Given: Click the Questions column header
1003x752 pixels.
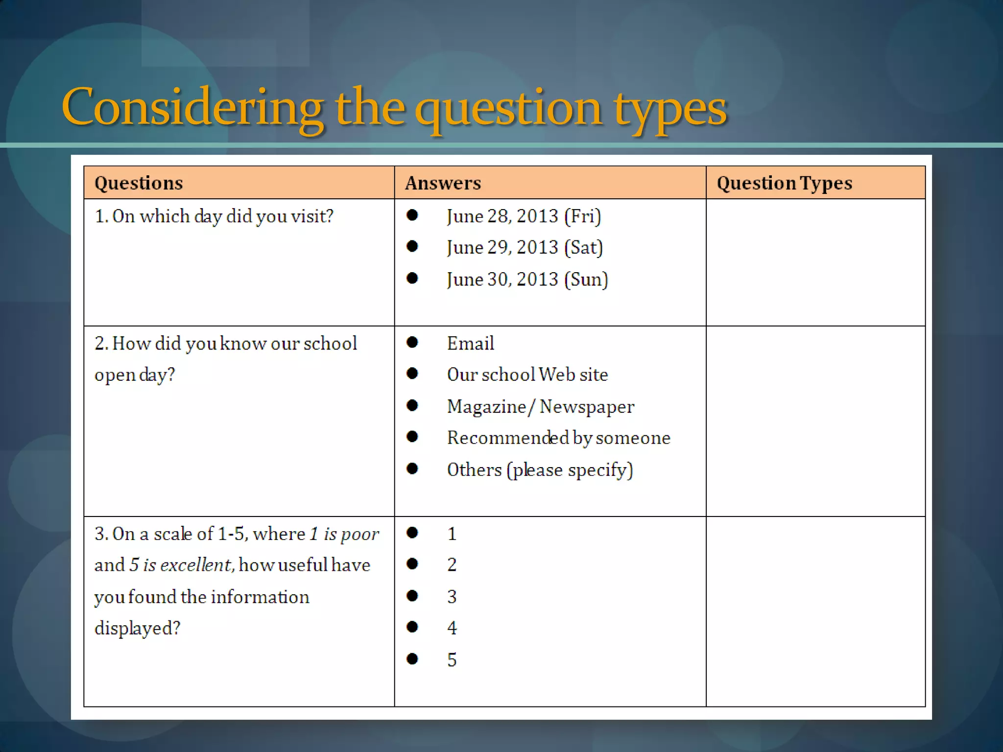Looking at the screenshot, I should (139, 183).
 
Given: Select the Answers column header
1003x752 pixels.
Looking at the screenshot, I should (443, 183).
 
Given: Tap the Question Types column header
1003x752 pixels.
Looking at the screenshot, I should (784, 183).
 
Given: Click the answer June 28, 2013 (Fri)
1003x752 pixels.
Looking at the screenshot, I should (524, 216).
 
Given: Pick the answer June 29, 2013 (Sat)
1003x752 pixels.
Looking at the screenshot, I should (525, 247).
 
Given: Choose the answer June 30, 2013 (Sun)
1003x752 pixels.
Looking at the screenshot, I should (527, 279).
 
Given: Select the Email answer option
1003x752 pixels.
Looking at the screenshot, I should (470, 343).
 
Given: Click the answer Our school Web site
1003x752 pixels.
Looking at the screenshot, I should (527, 375).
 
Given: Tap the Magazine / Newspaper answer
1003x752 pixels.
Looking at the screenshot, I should (540, 406).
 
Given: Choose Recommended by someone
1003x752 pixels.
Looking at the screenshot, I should (558, 438).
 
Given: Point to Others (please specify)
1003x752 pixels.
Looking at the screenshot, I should (540, 470).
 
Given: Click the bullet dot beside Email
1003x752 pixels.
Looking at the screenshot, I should (412, 342).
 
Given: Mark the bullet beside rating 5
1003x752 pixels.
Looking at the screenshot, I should (412, 658).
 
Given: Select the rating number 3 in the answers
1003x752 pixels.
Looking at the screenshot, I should (452, 596).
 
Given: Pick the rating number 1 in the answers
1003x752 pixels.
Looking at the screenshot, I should (452, 534).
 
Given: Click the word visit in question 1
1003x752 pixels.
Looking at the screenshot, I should (311, 216).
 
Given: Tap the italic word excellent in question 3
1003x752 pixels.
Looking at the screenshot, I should (195, 565).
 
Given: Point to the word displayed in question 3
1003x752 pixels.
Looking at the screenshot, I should (137, 628).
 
